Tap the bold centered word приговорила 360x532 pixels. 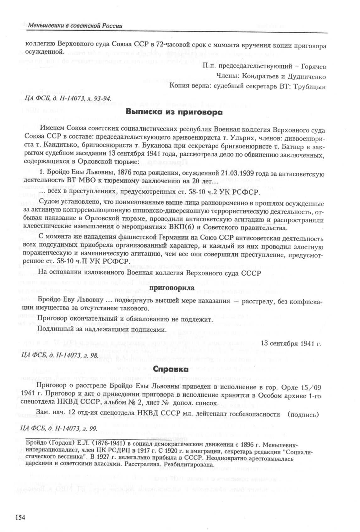(x=170, y=288)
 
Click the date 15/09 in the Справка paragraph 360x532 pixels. (x=308, y=387)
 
